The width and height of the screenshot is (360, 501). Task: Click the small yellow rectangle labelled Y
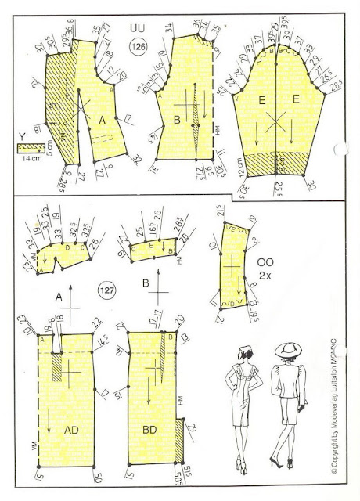29,146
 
